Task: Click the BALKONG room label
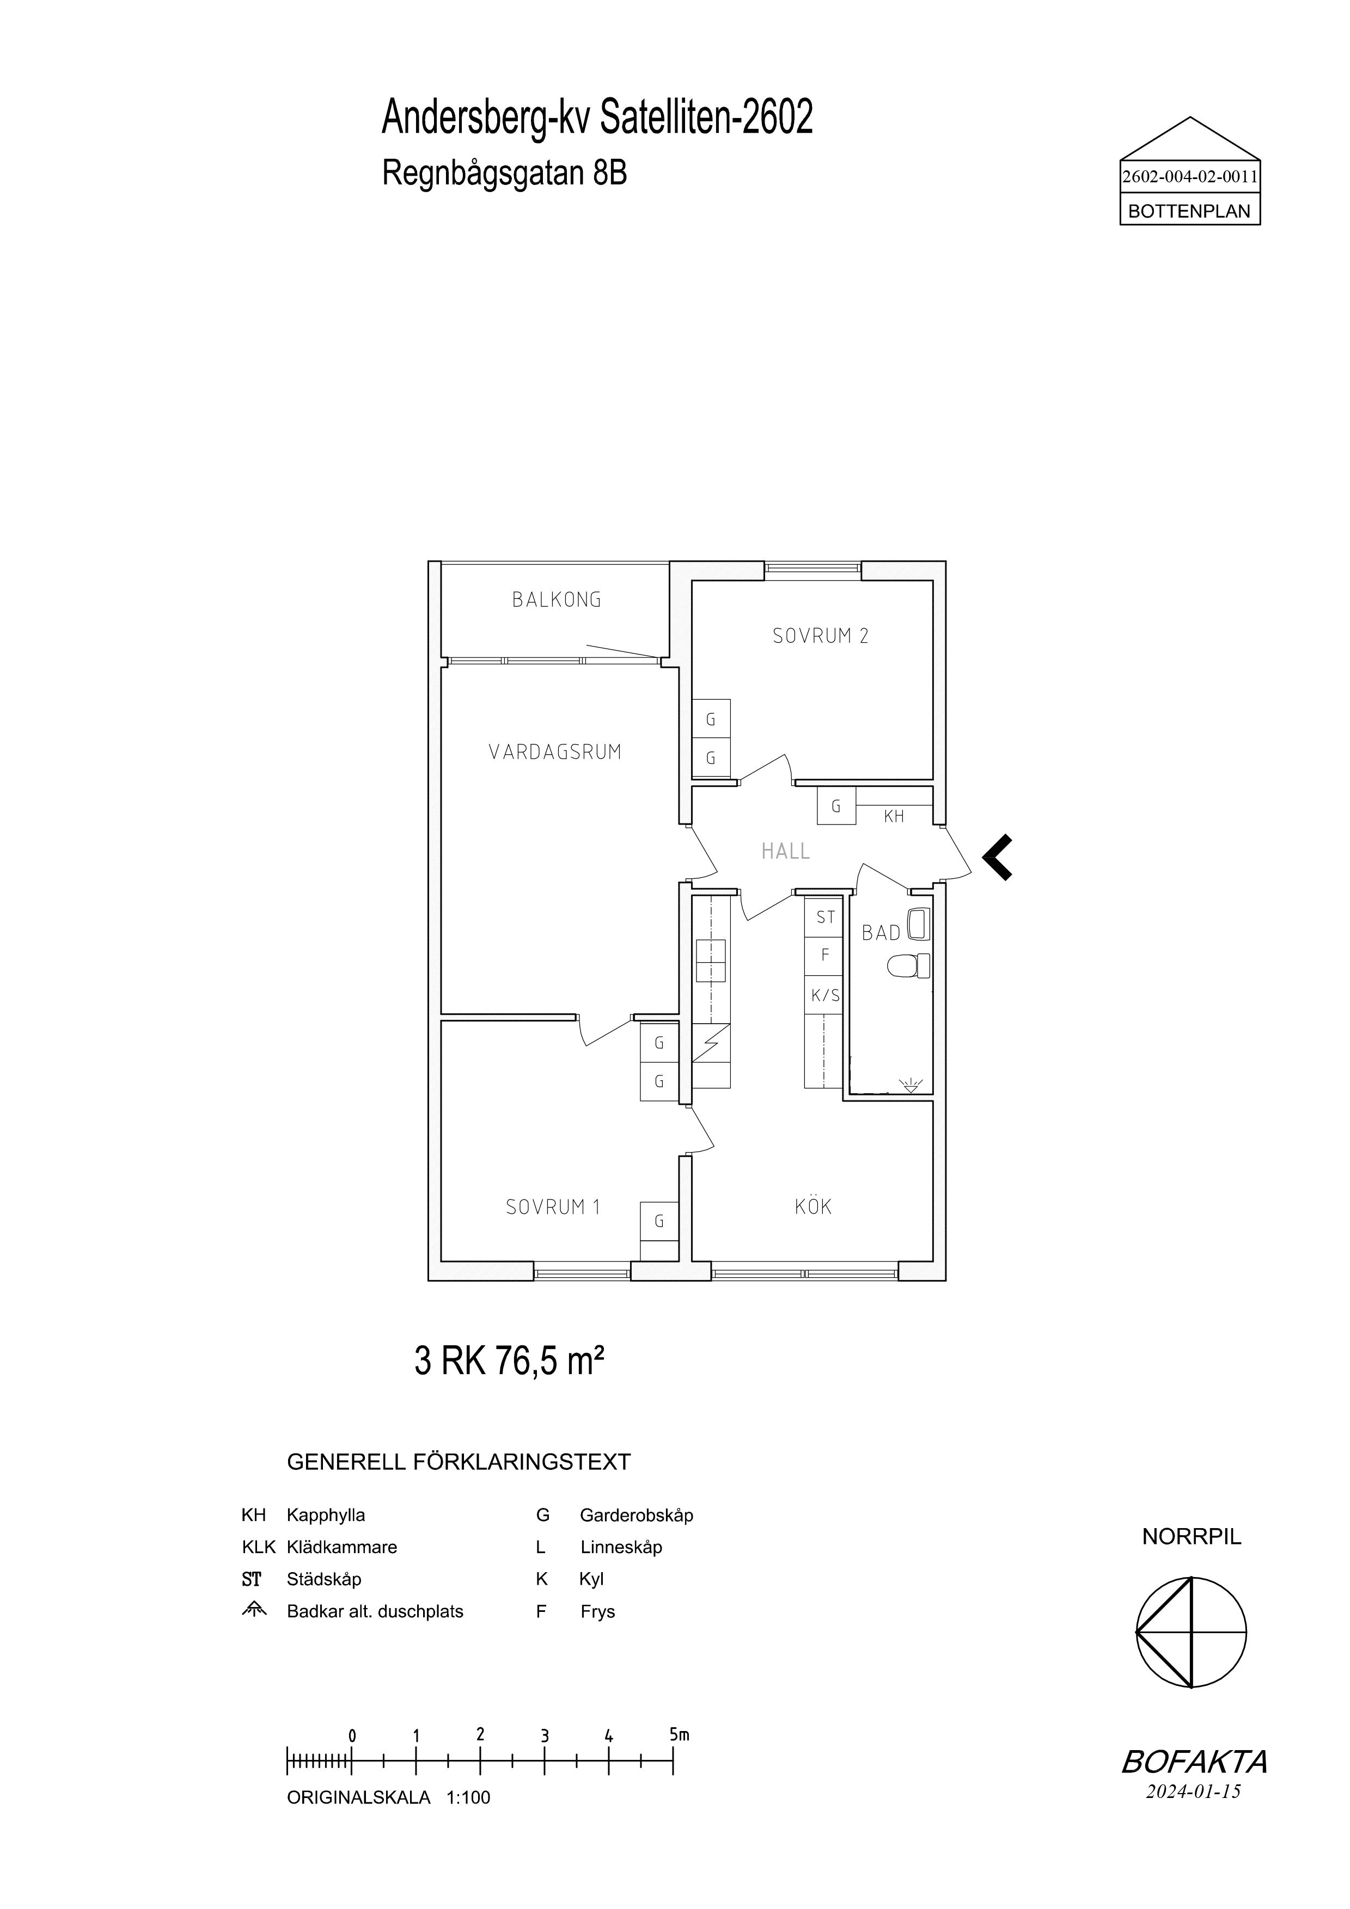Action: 557,600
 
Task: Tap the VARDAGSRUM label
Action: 555,753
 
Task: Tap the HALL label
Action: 785,852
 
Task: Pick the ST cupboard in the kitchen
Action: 824,917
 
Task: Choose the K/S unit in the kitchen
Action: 824,995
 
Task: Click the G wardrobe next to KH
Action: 836,806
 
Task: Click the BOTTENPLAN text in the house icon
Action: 1189,212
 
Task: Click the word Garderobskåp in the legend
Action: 636,1516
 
